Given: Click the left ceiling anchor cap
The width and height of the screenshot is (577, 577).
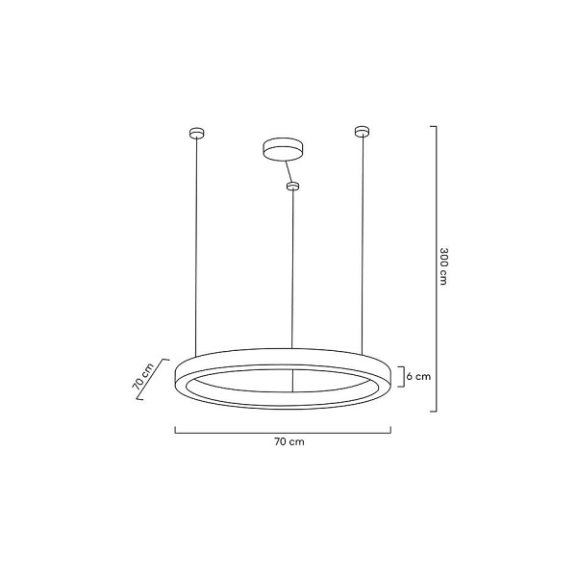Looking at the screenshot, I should click(196, 132).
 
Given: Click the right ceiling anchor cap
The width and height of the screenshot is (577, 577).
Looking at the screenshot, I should click(362, 130).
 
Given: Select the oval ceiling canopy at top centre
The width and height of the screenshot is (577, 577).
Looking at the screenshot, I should click(282, 149).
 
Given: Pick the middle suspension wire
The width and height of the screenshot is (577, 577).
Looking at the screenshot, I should click(293, 269).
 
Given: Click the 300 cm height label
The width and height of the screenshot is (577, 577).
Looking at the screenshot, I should click(444, 266).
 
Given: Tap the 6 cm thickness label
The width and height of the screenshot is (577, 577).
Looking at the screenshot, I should click(417, 377).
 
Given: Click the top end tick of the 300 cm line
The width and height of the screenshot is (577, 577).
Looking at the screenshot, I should click(435, 127).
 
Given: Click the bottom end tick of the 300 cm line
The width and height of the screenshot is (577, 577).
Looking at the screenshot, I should click(435, 411).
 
